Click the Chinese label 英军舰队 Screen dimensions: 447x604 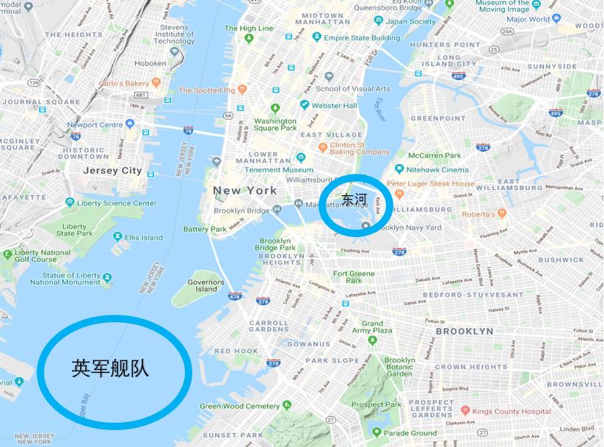[x=111, y=368]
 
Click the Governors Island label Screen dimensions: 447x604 [x=205, y=286]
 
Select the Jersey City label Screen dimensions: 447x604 [x=112, y=170]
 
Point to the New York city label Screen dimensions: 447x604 [x=245, y=190]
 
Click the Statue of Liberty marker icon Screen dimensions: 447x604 [x=108, y=277]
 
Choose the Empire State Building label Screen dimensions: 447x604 [x=362, y=38]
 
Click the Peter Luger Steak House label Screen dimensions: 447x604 [x=431, y=183]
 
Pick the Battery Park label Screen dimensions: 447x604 [x=205, y=229]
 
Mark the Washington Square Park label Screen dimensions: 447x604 [x=275, y=124]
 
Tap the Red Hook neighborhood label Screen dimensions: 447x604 [x=236, y=351]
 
